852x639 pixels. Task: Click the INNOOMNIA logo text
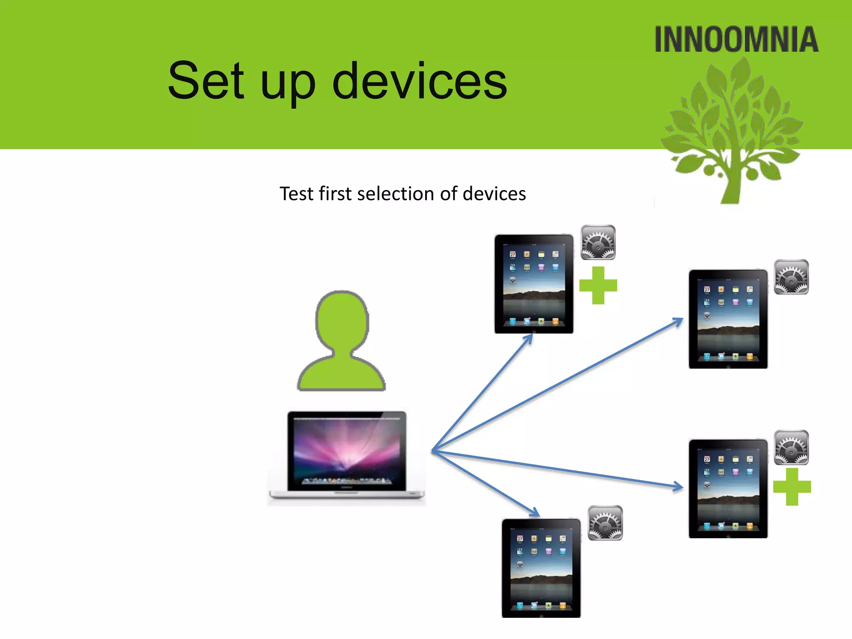(x=736, y=40)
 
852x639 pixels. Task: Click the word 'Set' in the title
(x=206, y=81)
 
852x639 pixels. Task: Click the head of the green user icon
(x=342, y=320)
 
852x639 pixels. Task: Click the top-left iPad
(x=534, y=284)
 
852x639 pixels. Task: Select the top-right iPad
(x=728, y=319)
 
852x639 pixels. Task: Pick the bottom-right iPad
(x=728, y=488)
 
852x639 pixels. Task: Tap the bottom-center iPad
(x=541, y=568)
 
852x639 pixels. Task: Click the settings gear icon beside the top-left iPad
(x=598, y=243)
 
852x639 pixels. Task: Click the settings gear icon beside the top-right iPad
(x=791, y=277)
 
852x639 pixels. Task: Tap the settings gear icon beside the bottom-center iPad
(x=605, y=523)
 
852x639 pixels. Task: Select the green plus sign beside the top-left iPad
(x=598, y=285)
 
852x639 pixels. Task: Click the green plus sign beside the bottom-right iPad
(x=792, y=487)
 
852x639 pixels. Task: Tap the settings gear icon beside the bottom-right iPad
(x=791, y=447)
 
